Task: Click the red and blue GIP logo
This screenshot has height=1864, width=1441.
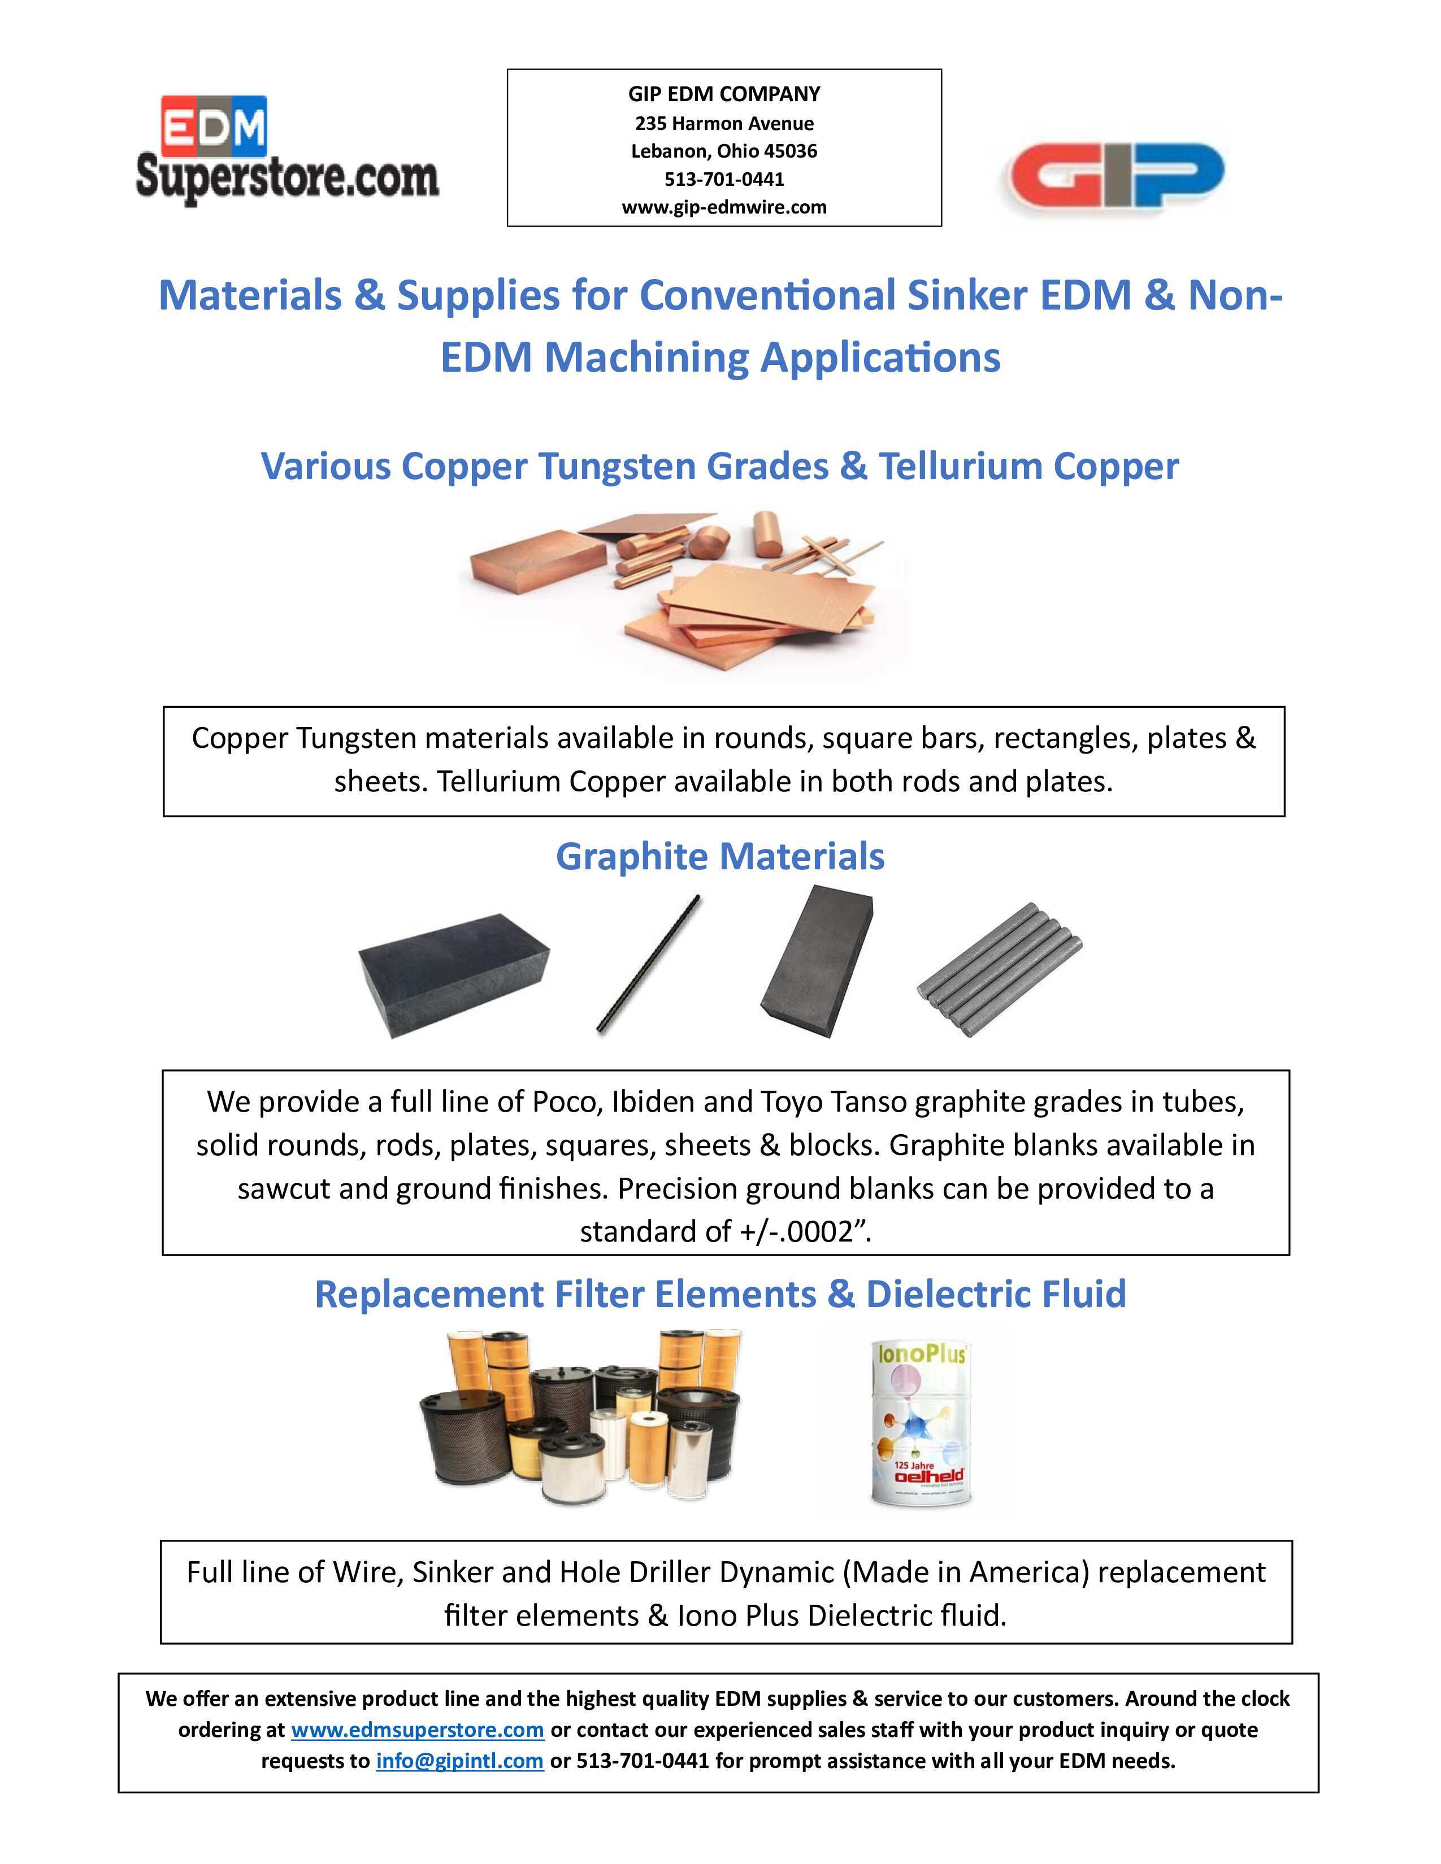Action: [x=1112, y=175]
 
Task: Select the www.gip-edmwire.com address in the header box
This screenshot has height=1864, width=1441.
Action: [x=724, y=207]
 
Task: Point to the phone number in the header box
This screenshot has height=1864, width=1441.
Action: [x=724, y=179]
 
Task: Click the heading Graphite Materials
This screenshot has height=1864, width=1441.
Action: [x=719, y=857]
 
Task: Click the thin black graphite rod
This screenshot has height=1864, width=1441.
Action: [x=648, y=964]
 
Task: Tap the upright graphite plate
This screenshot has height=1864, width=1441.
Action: [x=816, y=962]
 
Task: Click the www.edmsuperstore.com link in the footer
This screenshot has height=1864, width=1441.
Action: [x=418, y=1730]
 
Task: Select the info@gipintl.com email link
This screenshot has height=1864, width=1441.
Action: [x=459, y=1761]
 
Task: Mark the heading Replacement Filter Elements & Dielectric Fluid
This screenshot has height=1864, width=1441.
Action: [x=719, y=1294]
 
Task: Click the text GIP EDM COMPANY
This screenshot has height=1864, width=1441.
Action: [x=724, y=94]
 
